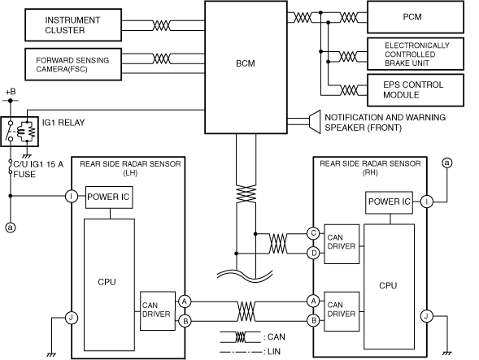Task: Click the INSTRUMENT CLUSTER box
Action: (73, 25)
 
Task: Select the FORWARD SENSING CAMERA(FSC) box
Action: (73, 64)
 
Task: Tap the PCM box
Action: (416, 17)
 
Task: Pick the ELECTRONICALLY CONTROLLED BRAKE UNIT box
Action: (416, 54)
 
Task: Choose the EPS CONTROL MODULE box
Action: (416, 90)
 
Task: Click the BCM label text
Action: (246, 63)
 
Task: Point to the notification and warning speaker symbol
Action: (315, 122)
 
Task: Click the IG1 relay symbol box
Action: (20, 132)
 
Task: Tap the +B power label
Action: (11, 92)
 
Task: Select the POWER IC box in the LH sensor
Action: (109, 197)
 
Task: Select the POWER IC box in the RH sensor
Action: (390, 202)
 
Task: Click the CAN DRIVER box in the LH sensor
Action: (158, 311)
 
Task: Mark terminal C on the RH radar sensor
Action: (313, 233)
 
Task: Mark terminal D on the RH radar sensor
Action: (313, 253)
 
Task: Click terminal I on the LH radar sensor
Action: (72, 196)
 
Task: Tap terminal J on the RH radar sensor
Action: (426, 316)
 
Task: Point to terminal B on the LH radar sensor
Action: (185, 321)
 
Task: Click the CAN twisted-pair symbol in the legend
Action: (240, 336)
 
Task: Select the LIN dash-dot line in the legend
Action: (241, 352)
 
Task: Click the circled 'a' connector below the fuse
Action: (11, 228)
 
